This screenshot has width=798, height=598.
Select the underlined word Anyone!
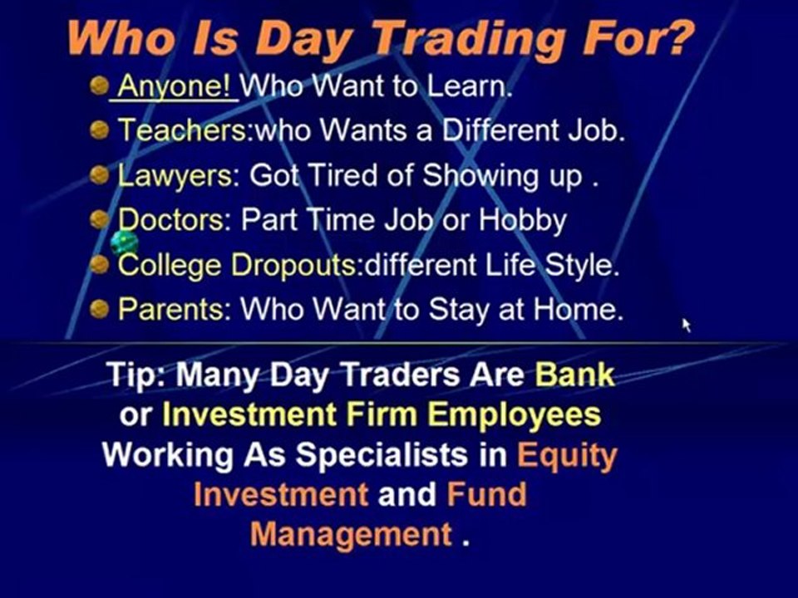tap(175, 86)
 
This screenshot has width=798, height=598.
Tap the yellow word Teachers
tap(182, 130)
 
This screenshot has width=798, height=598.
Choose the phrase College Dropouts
tap(237, 265)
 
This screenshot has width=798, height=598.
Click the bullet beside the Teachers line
tap(100, 130)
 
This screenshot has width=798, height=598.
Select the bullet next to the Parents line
tap(100, 310)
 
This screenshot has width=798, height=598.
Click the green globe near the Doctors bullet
tap(124, 243)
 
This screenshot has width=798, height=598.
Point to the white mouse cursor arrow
tap(687, 325)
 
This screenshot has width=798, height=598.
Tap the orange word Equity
tap(567, 454)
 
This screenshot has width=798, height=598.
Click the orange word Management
tap(351, 533)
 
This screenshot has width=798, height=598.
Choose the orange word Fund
tap(487, 494)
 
